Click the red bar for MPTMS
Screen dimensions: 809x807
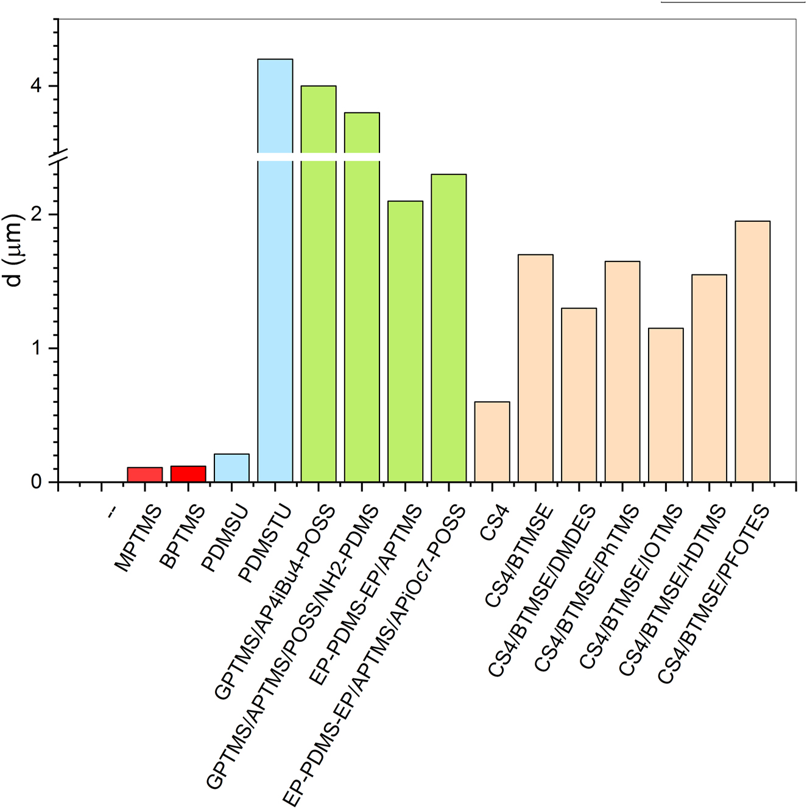tap(145, 475)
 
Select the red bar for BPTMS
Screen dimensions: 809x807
tap(188, 474)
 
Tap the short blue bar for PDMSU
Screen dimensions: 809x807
tap(231, 468)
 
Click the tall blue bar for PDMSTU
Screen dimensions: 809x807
tap(275, 274)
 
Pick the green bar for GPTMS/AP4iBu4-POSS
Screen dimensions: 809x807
tap(319, 287)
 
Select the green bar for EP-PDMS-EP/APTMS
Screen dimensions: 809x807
tap(406, 341)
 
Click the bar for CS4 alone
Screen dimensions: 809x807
tap(492, 442)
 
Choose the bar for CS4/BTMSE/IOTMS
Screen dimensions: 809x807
tap(666, 405)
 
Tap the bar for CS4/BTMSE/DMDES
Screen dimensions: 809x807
tap(579, 395)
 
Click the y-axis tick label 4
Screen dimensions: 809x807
tap(36, 86)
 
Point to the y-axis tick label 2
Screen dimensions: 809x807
tap(36, 215)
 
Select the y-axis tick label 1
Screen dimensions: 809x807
tap(36, 348)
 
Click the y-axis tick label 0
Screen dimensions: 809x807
tap(36, 482)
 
